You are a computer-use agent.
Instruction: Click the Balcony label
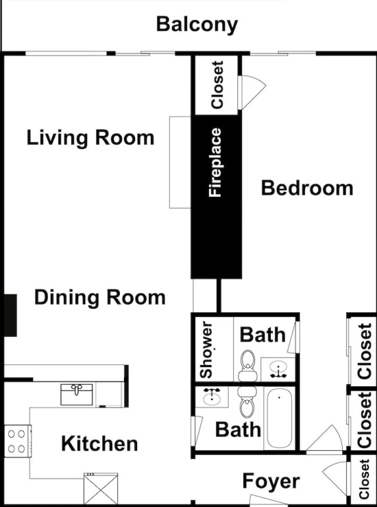197,25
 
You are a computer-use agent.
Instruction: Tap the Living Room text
90,138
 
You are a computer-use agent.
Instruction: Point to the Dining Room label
100,298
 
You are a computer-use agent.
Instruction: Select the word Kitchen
100,444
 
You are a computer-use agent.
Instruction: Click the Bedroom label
307,188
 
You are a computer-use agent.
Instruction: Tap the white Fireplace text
216,162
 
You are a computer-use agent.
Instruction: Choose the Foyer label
271,481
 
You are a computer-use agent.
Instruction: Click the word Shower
206,350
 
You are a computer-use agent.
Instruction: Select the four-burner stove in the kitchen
18,441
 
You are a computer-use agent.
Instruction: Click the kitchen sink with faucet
77,395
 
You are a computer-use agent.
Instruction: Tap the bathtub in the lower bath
279,419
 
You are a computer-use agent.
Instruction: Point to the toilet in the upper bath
248,365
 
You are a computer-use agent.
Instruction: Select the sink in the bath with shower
278,370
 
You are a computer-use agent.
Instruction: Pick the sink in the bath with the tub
212,396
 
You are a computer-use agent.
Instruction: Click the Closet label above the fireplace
217,85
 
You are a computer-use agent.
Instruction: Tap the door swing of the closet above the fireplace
252,92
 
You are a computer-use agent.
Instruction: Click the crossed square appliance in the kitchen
101,489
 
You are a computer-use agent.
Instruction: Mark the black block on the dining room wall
11,316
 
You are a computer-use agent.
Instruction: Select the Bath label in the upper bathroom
263,335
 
